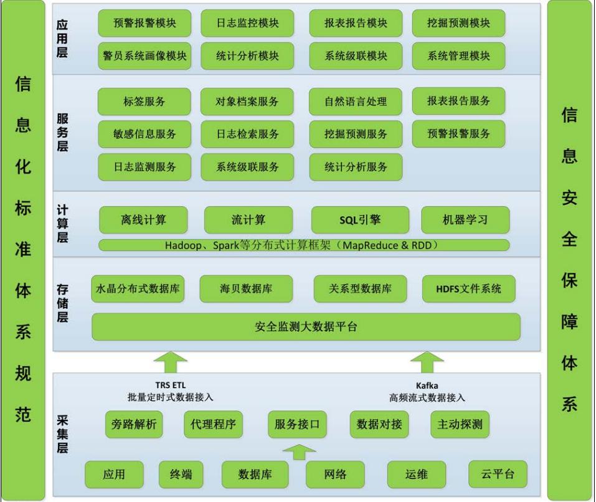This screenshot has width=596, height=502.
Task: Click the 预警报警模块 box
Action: click(x=144, y=23)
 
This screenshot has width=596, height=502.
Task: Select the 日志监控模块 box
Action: click(x=247, y=23)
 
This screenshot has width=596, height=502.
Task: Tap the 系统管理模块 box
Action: click(x=458, y=55)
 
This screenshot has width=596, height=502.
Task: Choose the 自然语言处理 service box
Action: click(x=356, y=102)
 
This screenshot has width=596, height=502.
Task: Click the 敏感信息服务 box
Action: click(x=144, y=134)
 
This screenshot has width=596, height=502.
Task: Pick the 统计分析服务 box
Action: click(x=356, y=167)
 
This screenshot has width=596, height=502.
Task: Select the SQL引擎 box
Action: click(x=360, y=220)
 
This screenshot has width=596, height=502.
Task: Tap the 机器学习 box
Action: click(x=465, y=220)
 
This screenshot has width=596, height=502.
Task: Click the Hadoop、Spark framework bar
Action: click(x=304, y=245)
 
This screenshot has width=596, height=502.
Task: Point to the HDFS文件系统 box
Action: click(x=468, y=289)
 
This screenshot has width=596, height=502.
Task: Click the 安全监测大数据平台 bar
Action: click(x=306, y=326)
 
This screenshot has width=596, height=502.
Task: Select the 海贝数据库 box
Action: click(x=246, y=289)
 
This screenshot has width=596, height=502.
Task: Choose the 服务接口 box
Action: click(x=297, y=425)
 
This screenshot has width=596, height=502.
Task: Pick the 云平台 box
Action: click(x=498, y=474)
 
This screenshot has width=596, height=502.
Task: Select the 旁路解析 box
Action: click(x=134, y=425)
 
